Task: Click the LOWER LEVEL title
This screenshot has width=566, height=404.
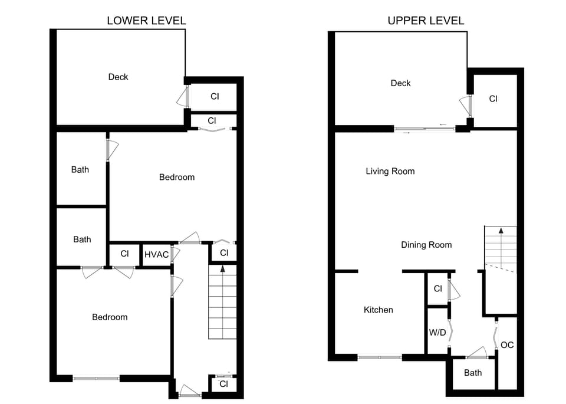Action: pos(146,21)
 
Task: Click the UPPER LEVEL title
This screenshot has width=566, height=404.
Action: pos(426,21)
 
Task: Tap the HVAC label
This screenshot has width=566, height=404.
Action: pos(156,255)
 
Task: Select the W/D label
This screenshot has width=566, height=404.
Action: pos(437,333)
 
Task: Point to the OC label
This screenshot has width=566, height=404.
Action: pos(507,345)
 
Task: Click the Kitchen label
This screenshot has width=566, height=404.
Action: pos(378,310)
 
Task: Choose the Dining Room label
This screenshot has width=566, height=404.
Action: pos(426,245)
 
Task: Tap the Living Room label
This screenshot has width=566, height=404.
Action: pos(390,172)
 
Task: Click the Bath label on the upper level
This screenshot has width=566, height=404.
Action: pos(472,373)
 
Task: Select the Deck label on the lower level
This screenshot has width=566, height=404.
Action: pos(118,77)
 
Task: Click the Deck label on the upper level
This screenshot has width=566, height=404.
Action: pos(400,83)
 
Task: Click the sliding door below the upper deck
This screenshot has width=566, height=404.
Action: pos(424,129)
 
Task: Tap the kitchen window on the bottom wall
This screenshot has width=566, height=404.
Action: pos(380,357)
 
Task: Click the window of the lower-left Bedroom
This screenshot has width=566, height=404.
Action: pos(97,377)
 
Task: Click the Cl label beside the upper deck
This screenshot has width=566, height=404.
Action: pos(493,99)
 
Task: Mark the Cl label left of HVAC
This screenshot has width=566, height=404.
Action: pos(124,254)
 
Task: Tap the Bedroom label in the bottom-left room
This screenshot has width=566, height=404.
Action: pos(110,317)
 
